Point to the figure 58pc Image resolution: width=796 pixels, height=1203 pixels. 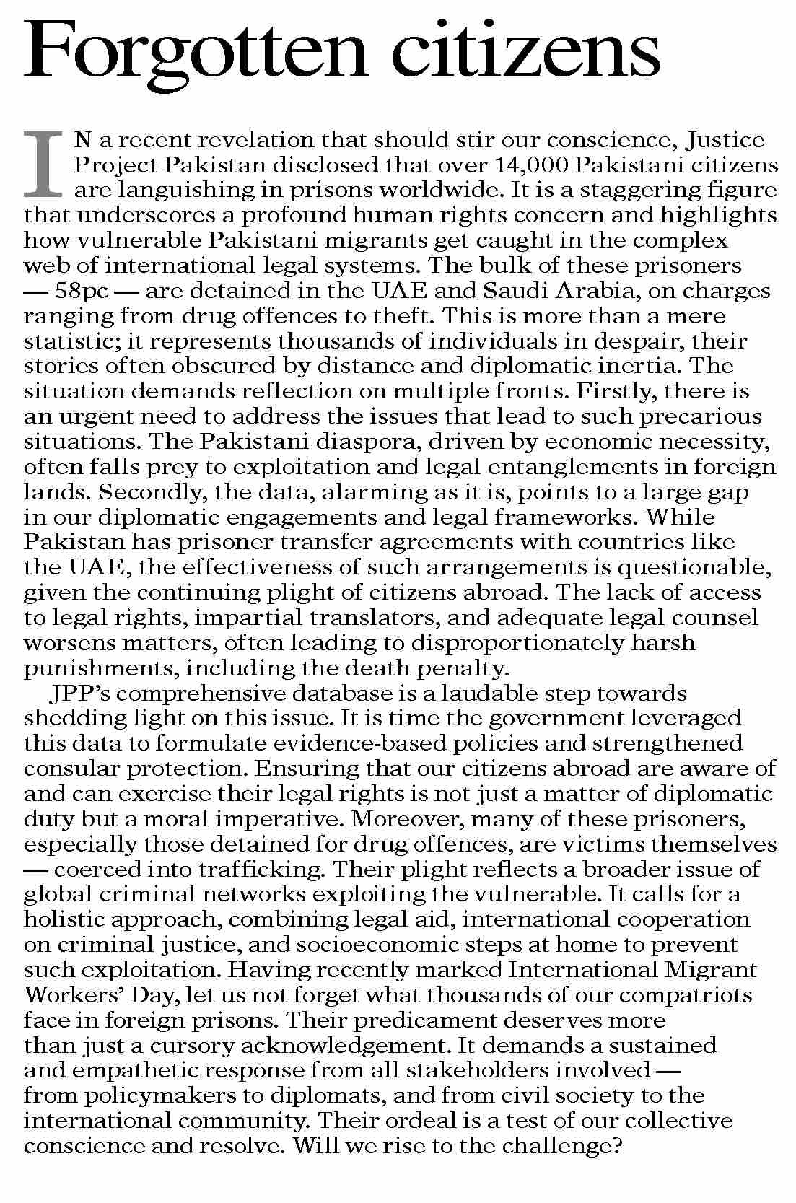(x=84, y=291)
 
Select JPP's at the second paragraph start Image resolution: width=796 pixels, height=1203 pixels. (x=76, y=694)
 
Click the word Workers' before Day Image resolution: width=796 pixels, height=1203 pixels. (x=71, y=995)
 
